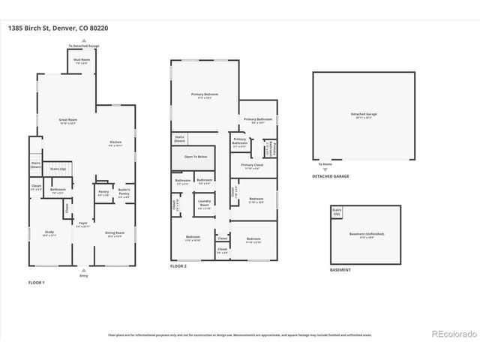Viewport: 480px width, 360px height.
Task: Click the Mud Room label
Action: [82, 61]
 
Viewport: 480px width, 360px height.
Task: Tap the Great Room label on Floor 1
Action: [68, 121]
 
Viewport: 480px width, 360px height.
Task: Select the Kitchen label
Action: [115, 143]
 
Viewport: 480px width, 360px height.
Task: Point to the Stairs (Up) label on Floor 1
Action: [56, 170]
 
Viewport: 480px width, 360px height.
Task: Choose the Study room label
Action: [49, 233]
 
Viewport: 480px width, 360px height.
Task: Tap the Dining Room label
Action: [115, 233]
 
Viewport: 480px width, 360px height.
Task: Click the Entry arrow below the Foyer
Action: [83, 271]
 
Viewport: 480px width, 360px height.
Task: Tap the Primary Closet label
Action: [251, 166]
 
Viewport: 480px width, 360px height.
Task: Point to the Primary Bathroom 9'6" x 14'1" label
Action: [257, 121]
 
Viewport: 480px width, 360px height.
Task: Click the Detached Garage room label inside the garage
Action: [363, 115]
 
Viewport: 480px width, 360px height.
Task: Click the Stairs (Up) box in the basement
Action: [336, 212]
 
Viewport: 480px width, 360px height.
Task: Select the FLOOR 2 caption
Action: [178, 266]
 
